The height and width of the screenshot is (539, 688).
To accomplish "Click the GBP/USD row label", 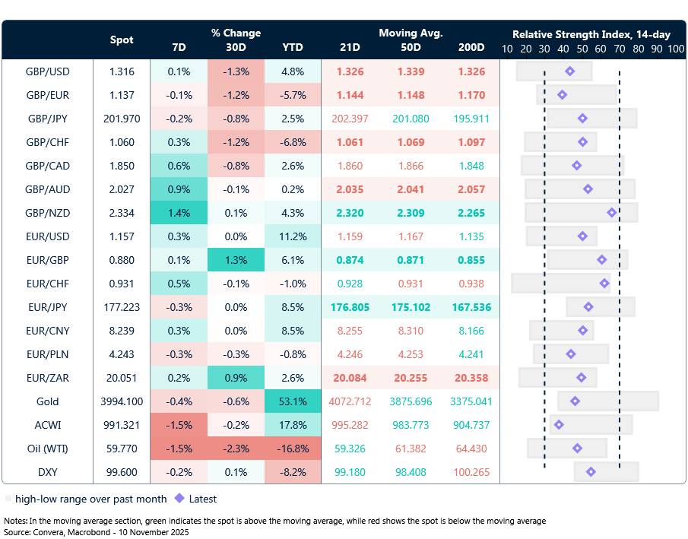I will click(x=47, y=71).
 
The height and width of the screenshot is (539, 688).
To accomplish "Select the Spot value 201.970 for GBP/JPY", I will click(x=122, y=119).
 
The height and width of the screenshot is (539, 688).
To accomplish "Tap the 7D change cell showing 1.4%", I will click(x=179, y=213).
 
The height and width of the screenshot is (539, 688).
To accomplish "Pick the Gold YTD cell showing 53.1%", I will click(x=293, y=401).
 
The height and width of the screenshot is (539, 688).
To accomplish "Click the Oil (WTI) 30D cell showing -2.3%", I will click(x=236, y=449).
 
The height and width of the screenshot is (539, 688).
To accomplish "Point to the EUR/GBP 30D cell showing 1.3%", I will click(x=236, y=260).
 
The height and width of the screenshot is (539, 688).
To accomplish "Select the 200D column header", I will click(x=471, y=48).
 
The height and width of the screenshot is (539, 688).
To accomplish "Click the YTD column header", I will click(x=293, y=48).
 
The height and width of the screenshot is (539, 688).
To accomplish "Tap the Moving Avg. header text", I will click(x=411, y=33).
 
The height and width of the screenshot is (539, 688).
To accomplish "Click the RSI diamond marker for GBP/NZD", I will click(x=611, y=213).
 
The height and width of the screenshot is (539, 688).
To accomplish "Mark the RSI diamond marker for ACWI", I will click(x=559, y=425).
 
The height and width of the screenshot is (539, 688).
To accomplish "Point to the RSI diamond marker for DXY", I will click(x=591, y=472).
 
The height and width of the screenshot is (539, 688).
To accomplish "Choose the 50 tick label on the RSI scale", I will click(x=582, y=49).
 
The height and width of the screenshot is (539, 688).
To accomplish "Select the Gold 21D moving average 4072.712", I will click(x=350, y=401).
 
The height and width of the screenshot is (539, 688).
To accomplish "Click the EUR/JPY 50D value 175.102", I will click(x=411, y=307).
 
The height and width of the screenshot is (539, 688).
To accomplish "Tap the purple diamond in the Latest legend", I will click(x=179, y=499).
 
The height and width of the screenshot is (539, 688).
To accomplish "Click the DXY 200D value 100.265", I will click(x=471, y=472).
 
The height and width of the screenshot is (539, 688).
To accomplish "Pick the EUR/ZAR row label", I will click(x=47, y=378).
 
